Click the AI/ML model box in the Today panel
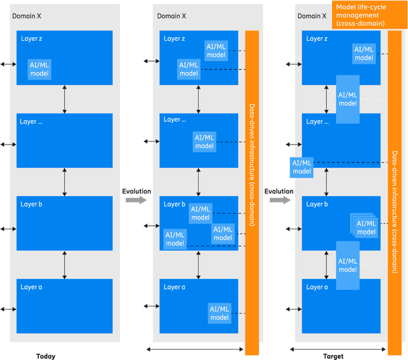click(39, 69)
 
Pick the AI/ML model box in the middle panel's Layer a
click(219, 313)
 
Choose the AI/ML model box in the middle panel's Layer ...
click(204, 141)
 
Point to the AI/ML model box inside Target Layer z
click(364, 53)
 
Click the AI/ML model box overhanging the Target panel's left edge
click(302, 167)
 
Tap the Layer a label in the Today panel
click(31, 287)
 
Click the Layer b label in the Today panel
click(31, 204)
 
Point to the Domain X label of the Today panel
click(27, 15)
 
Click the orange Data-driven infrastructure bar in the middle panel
click(252, 191)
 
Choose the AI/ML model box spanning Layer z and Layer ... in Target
click(347, 99)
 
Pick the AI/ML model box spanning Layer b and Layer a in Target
click(347, 265)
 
